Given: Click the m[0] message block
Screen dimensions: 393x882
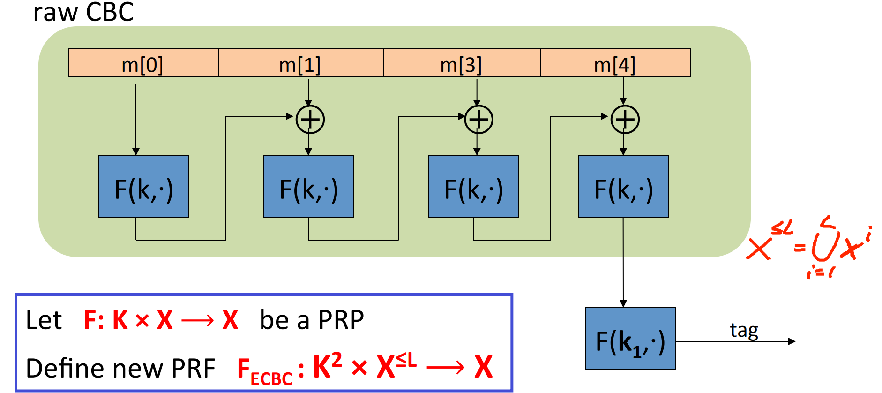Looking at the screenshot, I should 143,63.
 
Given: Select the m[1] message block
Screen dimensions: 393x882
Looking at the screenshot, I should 300,63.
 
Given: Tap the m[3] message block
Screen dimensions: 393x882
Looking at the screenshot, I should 462,63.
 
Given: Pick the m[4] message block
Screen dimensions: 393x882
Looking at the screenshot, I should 615,63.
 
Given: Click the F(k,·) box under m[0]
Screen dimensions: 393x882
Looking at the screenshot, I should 143,187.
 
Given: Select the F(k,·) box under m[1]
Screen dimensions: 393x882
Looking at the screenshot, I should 308,187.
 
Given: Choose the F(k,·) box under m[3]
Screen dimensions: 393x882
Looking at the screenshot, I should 473,187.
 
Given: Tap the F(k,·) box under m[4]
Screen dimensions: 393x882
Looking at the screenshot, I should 623,187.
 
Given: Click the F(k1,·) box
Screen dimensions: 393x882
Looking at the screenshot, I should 631,339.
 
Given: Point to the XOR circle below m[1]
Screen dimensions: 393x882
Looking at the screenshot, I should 310,120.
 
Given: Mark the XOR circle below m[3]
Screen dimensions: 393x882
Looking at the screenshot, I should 478,120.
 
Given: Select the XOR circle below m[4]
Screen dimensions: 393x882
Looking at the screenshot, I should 625,120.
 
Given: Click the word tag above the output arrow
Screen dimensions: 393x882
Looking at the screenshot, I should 744,331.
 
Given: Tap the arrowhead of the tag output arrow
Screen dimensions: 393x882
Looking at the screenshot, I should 792,341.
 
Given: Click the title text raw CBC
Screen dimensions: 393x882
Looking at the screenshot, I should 83,12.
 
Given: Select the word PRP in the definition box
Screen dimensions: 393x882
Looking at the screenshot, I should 341,320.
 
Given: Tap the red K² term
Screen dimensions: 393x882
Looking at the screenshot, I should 327,366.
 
